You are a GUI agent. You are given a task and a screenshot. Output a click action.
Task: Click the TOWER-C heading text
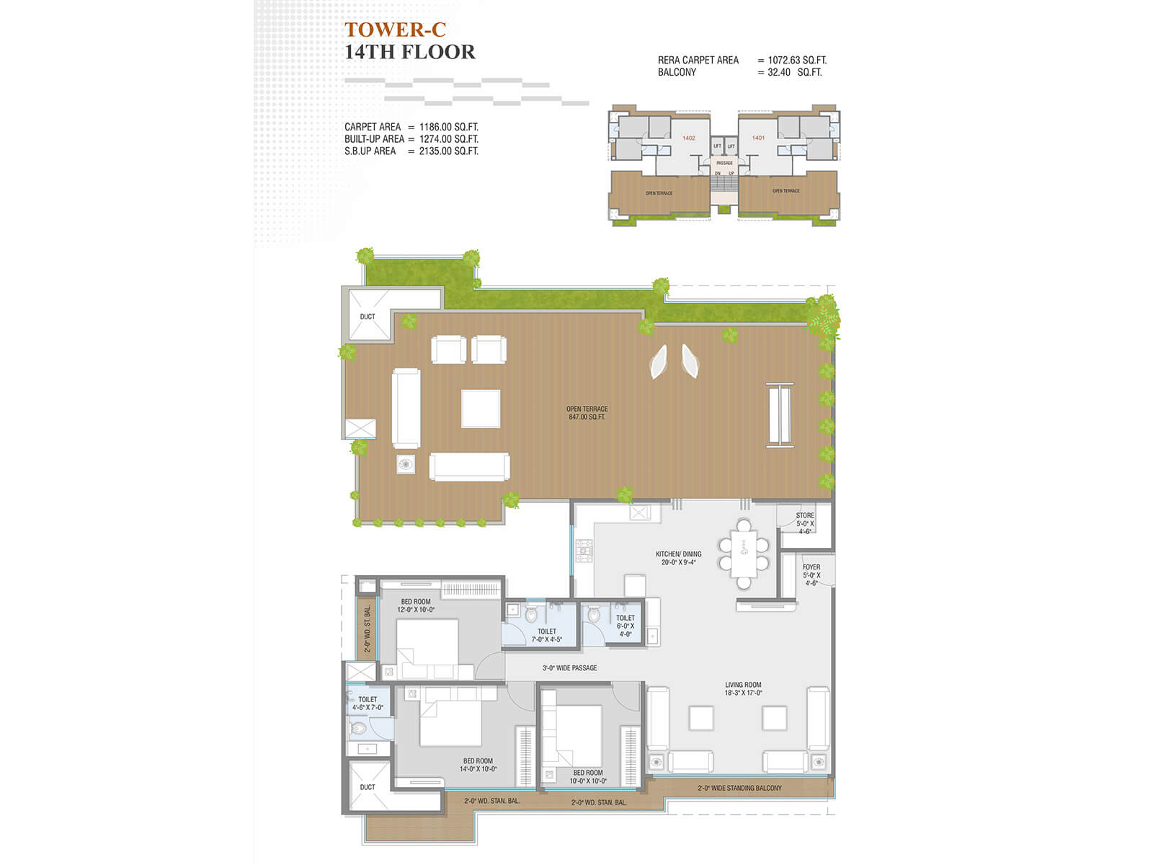pyautogui.click(x=395, y=30)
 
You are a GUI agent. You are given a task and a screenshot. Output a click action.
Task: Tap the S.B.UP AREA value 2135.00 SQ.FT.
pyautogui.click(x=448, y=151)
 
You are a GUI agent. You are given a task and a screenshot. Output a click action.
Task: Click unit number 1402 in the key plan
pyautogui.click(x=688, y=138)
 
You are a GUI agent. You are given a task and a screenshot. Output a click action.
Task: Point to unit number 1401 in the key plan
pyautogui.click(x=758, y=138)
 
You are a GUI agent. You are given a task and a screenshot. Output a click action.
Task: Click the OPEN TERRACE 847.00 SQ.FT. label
pyautogui.click(x=587, y=413)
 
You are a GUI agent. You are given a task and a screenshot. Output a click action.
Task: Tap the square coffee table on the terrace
pyautogui.click(x=481, y=409)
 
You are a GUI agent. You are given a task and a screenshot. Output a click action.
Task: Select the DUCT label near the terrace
pyautogui.click(x=368, y=316)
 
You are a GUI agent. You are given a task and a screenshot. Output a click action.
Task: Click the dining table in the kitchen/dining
pyautogui.click(x=744, y=554)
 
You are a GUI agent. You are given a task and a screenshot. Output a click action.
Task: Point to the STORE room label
pyautogui.click(x=805, y=515)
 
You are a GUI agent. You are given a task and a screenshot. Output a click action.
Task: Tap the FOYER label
pyautogui.click(x=811, y=567)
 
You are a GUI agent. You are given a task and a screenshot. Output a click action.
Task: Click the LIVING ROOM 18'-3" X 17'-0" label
pyautogui.click(x=743, y=689)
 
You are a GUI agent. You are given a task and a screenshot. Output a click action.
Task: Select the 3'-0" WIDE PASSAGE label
pyautogui.click(x=569, y=668)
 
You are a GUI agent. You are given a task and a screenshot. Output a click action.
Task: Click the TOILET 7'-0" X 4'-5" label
pyautogui.click(x=546, y=635)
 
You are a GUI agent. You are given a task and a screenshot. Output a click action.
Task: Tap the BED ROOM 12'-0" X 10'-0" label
pyautogui.click(x=416, y=605)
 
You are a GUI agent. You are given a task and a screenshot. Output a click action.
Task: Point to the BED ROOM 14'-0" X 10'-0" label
pyautogui.click(x=478, y=765)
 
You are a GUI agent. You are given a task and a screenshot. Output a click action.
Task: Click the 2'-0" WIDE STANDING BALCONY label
pyautogui.click(x=739, y=788)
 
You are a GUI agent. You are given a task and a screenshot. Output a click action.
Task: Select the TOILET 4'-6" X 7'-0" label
pyautogui.click(x=368, y=704)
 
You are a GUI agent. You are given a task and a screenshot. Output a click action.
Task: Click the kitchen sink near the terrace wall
pyautogui.click(x=640, y=513)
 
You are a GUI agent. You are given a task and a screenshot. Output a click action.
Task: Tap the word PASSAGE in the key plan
pyautogui.click(x=724, y=163)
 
